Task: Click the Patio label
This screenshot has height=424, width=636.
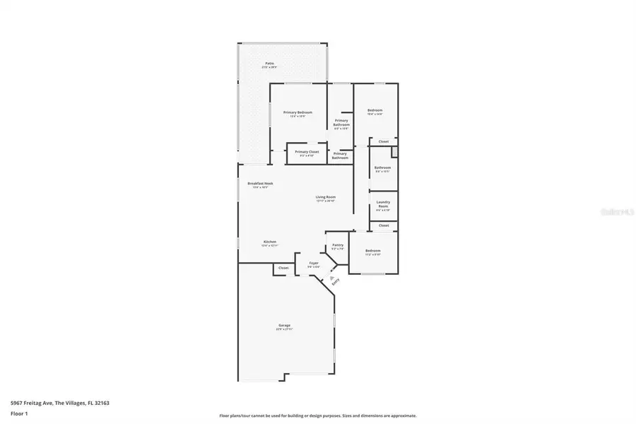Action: click(269, 64)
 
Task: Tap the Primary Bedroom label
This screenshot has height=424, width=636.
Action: click(298, 113)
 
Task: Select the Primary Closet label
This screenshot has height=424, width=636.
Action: click(307, 152)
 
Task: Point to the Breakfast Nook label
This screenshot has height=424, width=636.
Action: click(260, 184)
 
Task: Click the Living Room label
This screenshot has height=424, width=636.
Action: click(325, 197)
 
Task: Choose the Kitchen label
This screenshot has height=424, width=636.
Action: click(270, 242)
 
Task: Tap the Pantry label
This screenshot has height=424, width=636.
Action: click(338, 245)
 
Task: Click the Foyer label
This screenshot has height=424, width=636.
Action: click(313, 264)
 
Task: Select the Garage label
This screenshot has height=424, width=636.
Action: click(284, 325)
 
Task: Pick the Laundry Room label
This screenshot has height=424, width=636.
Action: click(383, 205)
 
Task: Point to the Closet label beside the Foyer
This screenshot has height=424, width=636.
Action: click(283, 268)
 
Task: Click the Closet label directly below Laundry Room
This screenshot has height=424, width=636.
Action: click(383, 225)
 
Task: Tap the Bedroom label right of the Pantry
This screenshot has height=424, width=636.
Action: click(372, 251)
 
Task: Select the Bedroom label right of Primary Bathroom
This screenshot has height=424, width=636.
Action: click(375, 110)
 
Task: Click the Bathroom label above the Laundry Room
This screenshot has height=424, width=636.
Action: click(382, 168)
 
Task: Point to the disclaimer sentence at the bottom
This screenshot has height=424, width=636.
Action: click(317, 416)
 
